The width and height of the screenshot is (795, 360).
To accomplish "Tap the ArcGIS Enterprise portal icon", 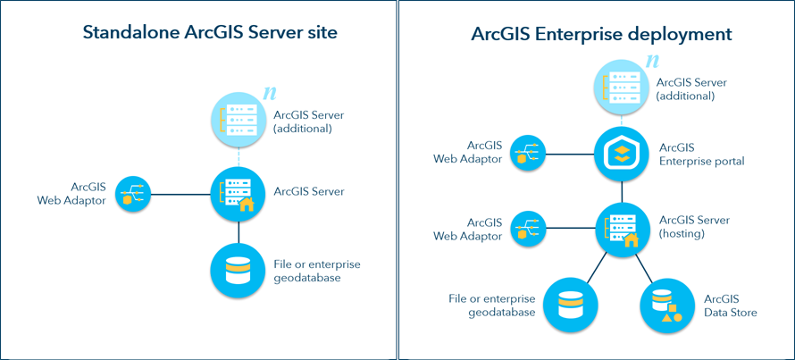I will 623,154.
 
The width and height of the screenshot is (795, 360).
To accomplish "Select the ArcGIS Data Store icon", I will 664,305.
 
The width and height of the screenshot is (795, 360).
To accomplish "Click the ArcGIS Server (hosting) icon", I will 623,230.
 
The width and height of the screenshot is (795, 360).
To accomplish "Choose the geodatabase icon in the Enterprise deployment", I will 569,303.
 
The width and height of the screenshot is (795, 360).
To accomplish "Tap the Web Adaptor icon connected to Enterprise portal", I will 526,154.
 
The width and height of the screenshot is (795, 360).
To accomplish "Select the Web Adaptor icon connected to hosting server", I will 526,230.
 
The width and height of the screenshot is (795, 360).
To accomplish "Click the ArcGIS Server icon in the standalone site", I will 238,192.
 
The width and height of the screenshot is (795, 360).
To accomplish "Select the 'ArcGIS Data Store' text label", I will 731,305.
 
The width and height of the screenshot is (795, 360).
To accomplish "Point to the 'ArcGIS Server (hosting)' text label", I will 694,227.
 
